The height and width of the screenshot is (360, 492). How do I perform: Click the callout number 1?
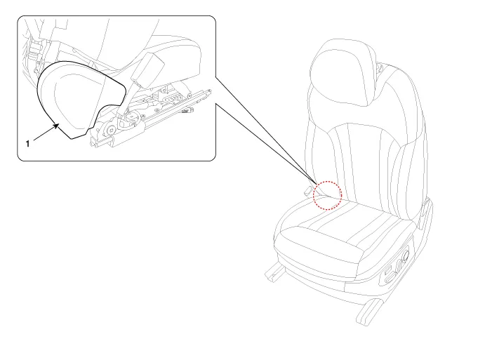pos(27,144)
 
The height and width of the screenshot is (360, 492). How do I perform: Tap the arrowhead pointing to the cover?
pos(56,126)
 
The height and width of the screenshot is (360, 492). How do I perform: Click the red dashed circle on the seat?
pos(327,195)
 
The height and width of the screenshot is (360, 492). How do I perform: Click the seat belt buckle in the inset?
pos(147,69)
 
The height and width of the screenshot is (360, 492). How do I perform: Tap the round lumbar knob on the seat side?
pos(405,254)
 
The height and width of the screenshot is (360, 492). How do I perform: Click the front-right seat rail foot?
pos(370,312)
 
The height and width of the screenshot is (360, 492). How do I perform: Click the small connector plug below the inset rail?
pos(190,109)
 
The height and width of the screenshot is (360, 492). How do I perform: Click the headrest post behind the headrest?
pos(380,67)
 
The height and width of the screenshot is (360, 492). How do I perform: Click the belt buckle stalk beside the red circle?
pos(308,190)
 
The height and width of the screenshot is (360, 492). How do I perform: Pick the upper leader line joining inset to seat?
pos(266,128)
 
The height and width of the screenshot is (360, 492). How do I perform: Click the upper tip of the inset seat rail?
pos(210,91)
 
